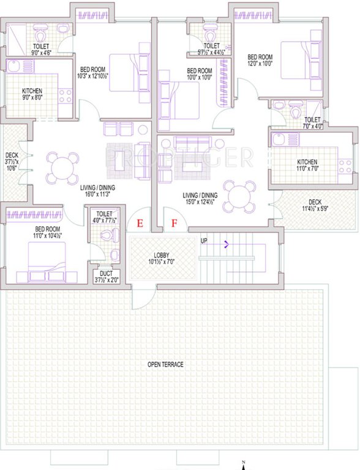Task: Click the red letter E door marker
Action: tap(140, 223)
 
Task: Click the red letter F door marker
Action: tap(174, 223)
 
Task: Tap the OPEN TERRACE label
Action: tap(165, 365)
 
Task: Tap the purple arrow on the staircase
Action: tap(228, 245)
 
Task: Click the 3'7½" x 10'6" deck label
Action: tap(12, 162)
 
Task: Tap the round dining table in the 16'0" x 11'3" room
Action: tap(62, 166)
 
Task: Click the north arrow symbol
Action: tap(244, 464)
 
